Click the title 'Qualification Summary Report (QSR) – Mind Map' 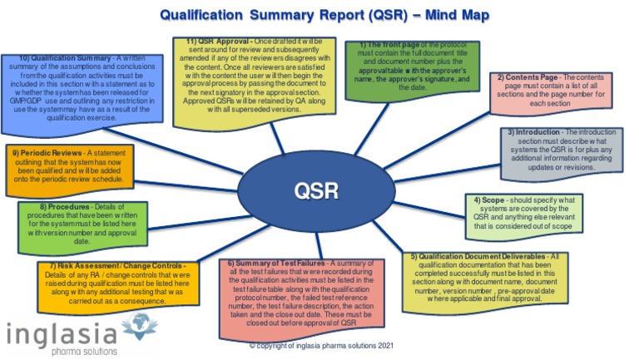[x=324, y=15]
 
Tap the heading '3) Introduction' [x=537, y=131]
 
